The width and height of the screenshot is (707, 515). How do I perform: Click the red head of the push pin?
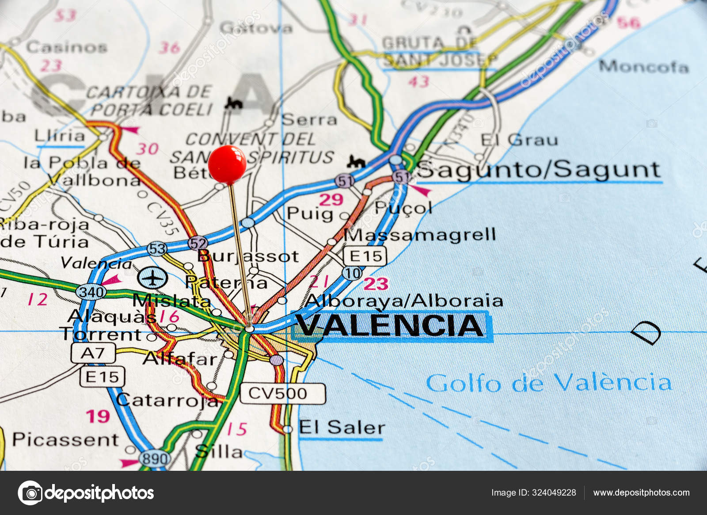tap(227, 164)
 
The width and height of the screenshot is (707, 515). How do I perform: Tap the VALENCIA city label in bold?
tap(390, 326)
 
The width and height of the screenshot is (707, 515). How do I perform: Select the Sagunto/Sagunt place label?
tap(539, 170)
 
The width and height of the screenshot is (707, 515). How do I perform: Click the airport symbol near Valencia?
tap(152, 278)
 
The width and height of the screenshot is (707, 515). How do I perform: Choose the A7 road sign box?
tap(93, 353)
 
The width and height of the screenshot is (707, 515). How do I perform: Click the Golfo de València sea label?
tap(548, 383)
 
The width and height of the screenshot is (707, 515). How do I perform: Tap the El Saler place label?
tap(342, 427)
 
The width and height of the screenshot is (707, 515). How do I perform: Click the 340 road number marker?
tap(91, 291)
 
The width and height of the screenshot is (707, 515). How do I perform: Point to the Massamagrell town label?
tap(420, 235)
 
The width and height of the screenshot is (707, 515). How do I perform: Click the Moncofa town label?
tap(644, 67)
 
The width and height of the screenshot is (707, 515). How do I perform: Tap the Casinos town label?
tap(66, 47)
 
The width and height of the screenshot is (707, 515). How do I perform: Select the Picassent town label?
tap(65, 439)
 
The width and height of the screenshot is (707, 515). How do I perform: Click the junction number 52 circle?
tap(198, 243)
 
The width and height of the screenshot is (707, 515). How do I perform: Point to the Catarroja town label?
tap(167, 400)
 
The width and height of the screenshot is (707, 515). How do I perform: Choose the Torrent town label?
tap(100, 335)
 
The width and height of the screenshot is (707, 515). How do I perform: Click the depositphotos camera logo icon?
tap(30, 492)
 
